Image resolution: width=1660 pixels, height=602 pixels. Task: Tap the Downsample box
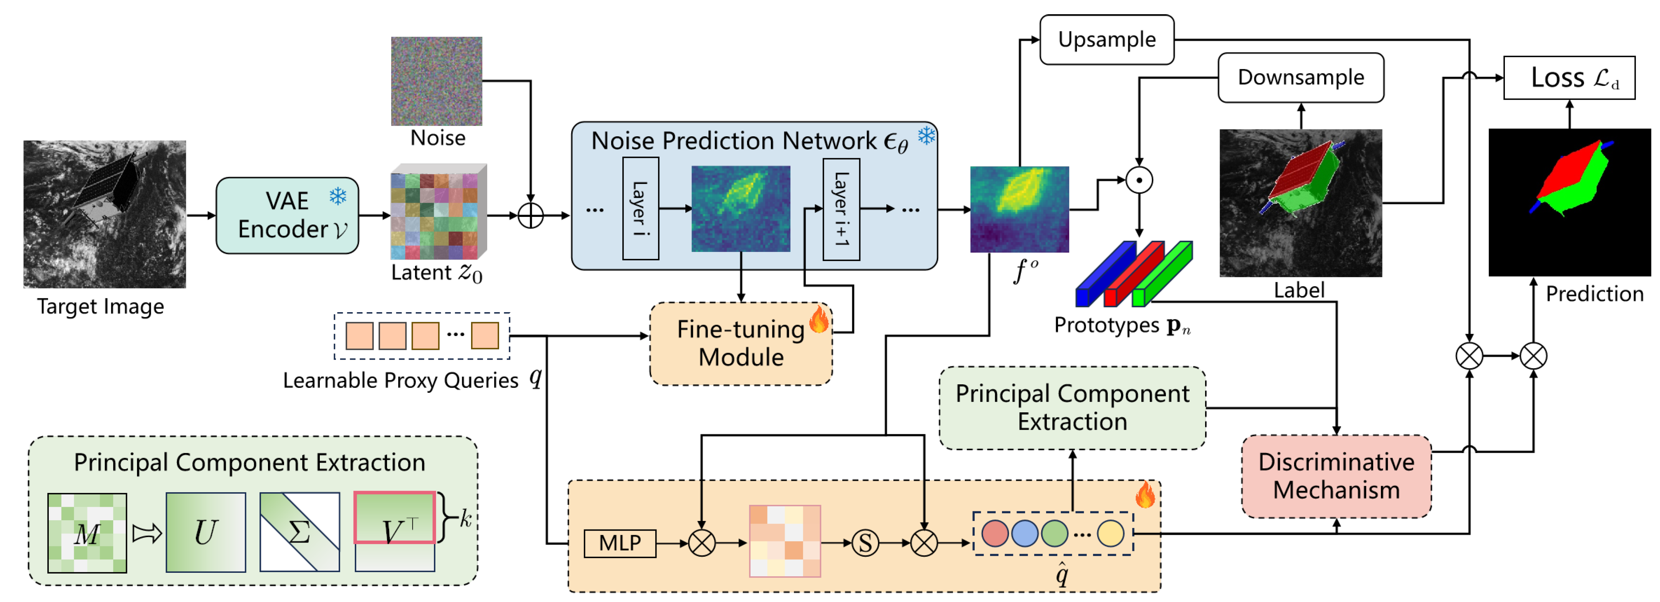(1300, 77)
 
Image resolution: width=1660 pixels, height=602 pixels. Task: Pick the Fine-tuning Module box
(741, 344)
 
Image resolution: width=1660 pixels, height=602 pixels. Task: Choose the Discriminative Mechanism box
(1336, 476)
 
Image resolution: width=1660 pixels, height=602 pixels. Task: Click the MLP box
(619, 543)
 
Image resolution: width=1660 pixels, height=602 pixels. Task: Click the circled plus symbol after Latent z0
(530, 215)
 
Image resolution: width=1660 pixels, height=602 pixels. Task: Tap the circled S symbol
(865, 543)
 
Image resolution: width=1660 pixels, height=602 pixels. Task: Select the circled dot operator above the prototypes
(1139, 180)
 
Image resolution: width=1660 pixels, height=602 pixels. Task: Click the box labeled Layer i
(640, 208)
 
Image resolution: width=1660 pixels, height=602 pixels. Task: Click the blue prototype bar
(1103, 274)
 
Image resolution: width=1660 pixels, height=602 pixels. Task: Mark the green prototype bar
(1161, 274)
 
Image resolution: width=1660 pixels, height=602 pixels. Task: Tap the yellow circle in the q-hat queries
(1109, 533)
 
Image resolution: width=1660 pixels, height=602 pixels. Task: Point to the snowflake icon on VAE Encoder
(338, 196)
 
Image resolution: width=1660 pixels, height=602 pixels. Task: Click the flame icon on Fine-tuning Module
(818, 318)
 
